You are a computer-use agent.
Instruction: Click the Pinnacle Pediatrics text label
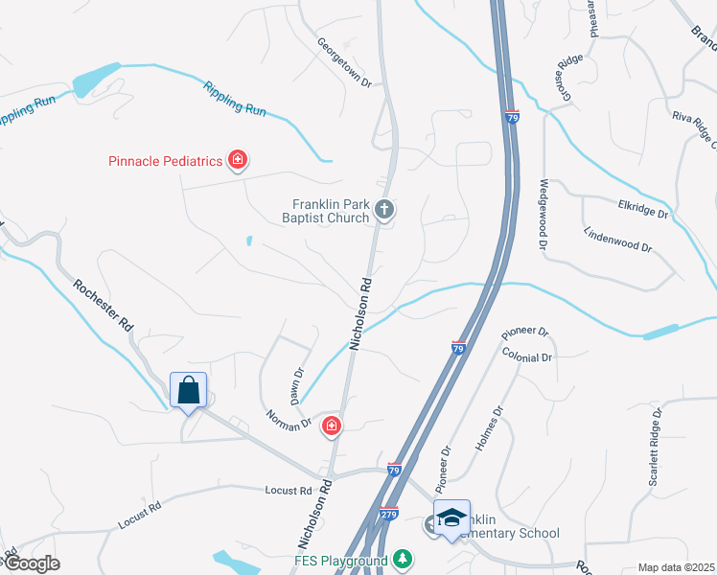164,160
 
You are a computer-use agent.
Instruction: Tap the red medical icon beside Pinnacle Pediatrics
237,159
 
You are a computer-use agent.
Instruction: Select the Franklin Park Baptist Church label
332,211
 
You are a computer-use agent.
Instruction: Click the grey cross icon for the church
384,209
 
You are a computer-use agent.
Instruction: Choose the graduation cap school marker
451,518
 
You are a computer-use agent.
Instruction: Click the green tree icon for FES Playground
405,559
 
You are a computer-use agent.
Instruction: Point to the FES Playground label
340,560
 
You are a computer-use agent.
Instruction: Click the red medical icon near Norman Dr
332,425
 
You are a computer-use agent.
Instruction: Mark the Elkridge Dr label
642,210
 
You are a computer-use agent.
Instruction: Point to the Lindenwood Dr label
617,240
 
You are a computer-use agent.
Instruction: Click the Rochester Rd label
104,306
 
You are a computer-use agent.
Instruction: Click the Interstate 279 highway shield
388,514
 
